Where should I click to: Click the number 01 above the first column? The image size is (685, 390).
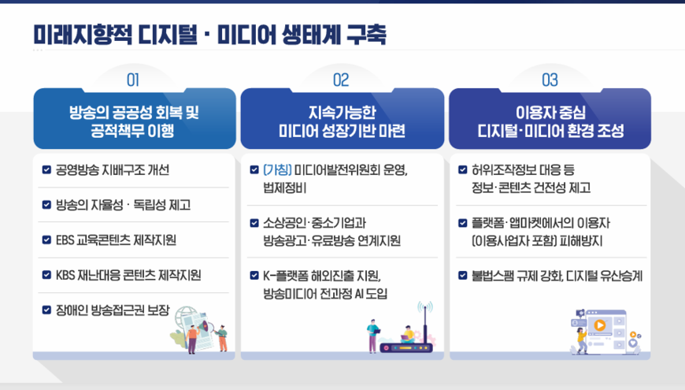tap(133, 80)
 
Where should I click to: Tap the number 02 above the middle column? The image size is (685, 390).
tap(341, 80)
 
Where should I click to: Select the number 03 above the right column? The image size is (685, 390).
tap(550, 80)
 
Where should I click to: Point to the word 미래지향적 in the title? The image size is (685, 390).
tap(83, 35)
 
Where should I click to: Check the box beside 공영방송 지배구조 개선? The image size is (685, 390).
tap(46, 169)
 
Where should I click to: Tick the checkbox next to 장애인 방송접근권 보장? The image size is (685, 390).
tap(46, 310)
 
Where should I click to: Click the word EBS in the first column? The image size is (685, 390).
tap(65, 240)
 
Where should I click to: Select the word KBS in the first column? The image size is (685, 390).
tap(65, 275)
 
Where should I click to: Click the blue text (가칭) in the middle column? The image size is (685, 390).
tap(277, 169)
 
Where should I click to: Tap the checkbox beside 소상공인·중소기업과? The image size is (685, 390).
tap(254, 223)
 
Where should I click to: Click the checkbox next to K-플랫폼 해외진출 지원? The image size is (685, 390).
tap(254, 276)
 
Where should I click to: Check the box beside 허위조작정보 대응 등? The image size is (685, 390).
tap(463, 169)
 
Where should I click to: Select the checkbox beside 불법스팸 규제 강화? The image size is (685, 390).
tap(463, 276)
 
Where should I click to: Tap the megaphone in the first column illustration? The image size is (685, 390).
tap(205, 326)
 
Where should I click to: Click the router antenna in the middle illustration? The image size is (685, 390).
tap(424, 324)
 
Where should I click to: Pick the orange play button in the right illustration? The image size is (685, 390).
tap(600, 325)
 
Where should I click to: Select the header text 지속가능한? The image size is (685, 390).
tap(342, 113)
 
